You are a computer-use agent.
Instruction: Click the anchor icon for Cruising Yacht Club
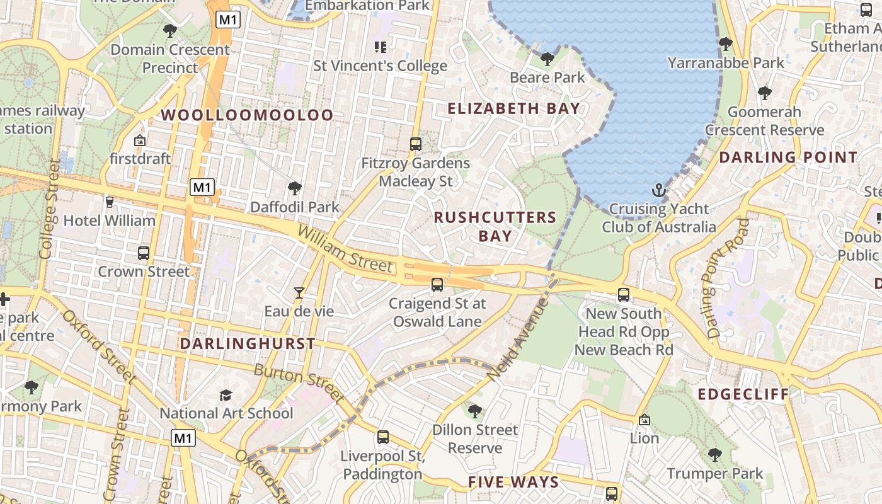[658, 190]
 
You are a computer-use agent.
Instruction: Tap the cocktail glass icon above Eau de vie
[299, 293]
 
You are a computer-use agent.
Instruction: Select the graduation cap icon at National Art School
[226, 395]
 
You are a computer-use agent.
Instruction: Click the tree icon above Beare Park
[547, 59]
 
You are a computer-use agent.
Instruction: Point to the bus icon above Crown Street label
[144, 253]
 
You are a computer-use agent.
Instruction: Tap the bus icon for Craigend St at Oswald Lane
[437, 285]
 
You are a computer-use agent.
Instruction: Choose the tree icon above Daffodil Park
[294, 188]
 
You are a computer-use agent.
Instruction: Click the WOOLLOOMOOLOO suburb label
[247, 115]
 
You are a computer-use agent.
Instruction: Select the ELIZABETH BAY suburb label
[513, 108]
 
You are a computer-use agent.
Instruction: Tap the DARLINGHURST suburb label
[248, 344]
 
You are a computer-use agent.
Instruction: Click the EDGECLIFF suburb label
[743, 395]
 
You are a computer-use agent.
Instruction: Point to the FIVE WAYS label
[513, 483]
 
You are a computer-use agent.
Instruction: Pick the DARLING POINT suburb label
[788, 157]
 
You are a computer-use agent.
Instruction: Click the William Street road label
[345, 249]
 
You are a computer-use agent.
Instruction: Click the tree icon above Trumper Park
[714, 455]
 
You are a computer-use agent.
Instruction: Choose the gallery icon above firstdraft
[140, 140]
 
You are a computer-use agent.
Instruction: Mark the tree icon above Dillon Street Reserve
[475, 411]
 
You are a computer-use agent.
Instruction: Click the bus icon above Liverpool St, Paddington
[382, 437]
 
